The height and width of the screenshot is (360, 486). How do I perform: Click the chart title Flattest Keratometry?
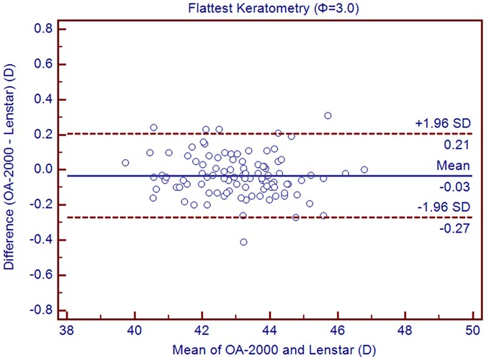270,9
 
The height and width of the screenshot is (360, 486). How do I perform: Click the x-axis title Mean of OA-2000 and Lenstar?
270,350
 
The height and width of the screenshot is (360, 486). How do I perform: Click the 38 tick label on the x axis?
66,333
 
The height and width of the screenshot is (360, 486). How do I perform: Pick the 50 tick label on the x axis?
472,333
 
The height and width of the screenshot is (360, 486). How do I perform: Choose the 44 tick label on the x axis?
269,333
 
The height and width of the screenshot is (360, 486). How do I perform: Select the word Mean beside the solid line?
457,165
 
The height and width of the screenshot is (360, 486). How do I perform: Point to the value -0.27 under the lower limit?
459,229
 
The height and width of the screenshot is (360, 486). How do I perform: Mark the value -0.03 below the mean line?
459,187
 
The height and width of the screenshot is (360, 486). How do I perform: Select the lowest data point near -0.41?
243,242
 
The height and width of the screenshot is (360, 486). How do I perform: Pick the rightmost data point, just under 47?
364,170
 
